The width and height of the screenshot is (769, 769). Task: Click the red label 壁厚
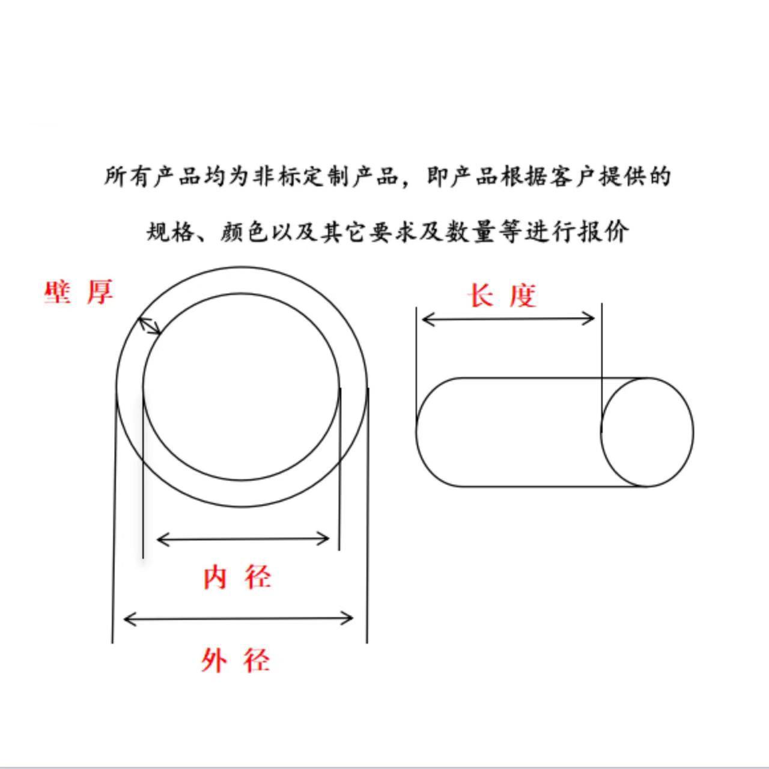[79, 292]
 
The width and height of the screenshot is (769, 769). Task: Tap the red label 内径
[237, 577]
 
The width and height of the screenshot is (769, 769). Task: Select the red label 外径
[236, 660]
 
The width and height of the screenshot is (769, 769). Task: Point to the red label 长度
[502, 296]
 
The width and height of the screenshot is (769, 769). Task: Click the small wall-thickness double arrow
[150, 325]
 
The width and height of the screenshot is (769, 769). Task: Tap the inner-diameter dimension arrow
[243, 539]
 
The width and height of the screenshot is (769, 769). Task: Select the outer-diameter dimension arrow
[238, 618]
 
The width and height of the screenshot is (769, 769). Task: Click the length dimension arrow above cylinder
[508, 318]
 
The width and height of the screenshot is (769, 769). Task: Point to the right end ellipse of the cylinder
[647, 431]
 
